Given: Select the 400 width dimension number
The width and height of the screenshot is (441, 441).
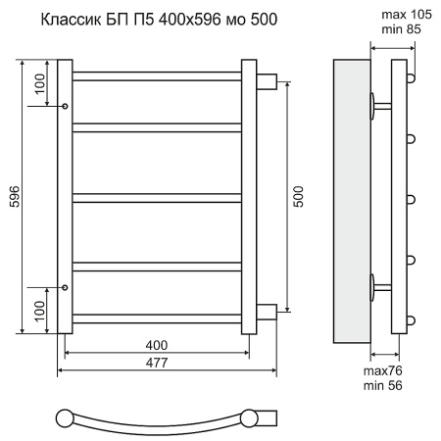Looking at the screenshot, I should (x=156, y=345).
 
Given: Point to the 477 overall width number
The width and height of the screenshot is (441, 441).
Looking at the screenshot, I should (x=156, y=363).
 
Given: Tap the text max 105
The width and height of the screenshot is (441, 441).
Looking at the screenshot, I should (x=393, y=15).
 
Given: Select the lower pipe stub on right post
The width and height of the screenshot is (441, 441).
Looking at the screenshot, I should (x=267, y=313).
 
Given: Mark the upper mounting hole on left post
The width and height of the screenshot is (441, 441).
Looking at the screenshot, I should (x=65, y=106).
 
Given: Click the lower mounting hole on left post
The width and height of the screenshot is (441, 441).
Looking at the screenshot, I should (x=65, y=287).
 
